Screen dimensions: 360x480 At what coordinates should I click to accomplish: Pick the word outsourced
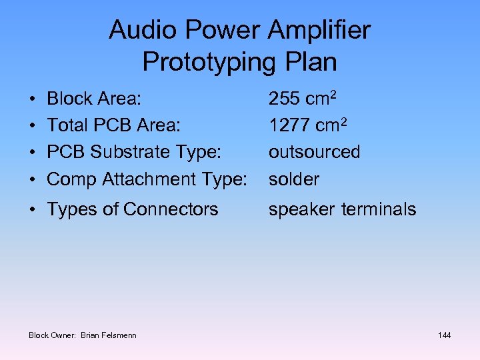coord(314,152)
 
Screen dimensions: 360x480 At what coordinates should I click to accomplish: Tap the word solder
coord(294,179)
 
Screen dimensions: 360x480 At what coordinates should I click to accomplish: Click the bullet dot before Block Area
coord(33,99)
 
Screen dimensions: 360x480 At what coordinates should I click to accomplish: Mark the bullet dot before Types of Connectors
coord(33,209)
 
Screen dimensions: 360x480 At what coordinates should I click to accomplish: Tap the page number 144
coord(444,335)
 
